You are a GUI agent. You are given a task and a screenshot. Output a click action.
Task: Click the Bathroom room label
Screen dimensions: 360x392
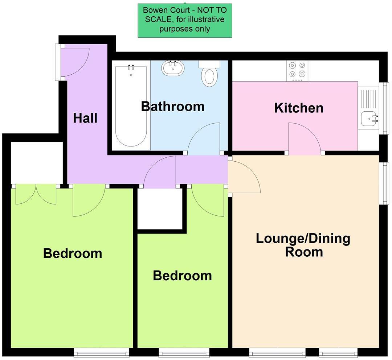[173, 107]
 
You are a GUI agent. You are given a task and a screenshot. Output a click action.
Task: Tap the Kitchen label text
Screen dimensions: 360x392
[299, 108]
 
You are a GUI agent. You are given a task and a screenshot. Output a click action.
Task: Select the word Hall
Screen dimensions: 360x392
[85, 118]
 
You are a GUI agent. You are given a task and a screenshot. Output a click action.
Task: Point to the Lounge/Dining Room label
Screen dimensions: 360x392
[303, 245]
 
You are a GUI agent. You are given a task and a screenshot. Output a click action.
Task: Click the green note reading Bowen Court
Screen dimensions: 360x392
[185, 20]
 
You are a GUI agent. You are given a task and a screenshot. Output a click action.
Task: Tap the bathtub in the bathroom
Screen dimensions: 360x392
[131, 105]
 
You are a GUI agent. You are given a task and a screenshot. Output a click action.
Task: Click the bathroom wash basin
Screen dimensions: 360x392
[173, 68]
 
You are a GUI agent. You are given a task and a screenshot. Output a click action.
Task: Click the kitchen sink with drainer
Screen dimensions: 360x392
[368, 108]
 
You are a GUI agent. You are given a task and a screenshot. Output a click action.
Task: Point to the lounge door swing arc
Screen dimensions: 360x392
[244, 176]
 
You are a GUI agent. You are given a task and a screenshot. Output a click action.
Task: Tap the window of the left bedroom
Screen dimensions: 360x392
[101, 352]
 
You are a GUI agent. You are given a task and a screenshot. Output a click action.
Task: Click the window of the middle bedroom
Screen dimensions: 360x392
[184, 352]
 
